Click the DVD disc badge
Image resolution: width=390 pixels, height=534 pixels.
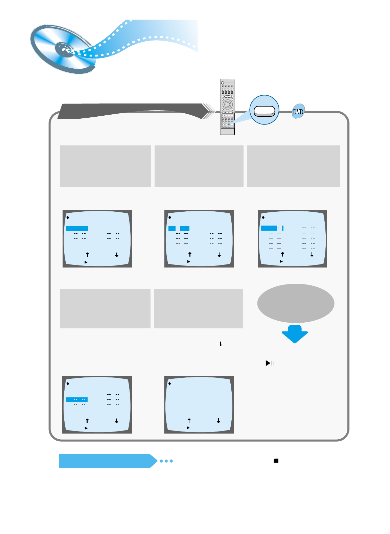(x=298, y=111)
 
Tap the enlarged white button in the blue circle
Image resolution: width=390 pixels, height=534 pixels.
(x=265, y=111)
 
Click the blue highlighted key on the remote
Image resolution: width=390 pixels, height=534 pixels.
(x=229, y=124)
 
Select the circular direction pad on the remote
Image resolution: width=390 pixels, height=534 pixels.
(x=228, y=105)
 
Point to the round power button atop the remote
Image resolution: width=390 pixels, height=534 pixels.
(x=222, y=82)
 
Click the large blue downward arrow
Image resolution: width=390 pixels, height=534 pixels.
(x=295, y=334)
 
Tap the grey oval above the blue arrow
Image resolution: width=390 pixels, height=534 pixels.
(x=296, y=303)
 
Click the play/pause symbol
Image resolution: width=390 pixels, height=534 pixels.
(x=270, y=363)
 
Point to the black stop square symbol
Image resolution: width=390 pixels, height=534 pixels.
(x=276, y=461)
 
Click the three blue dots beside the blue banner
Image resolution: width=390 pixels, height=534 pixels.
(x=166, y=461)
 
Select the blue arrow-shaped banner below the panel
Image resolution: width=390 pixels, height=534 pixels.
(x=107, y=461)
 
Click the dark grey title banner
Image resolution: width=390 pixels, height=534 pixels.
(x=132, y=111)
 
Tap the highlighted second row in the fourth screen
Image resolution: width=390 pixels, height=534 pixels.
(x=77, y=400)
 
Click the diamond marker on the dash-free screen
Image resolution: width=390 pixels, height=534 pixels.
(x=169, y=384)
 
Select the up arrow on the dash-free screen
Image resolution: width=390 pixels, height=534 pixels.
(x=189, y=421)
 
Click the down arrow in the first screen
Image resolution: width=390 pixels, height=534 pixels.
(x=117, y=255)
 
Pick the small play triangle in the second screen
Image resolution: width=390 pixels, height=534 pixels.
(x=189, y=261)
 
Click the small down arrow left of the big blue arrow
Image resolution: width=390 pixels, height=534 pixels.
(x=221, y=344)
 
